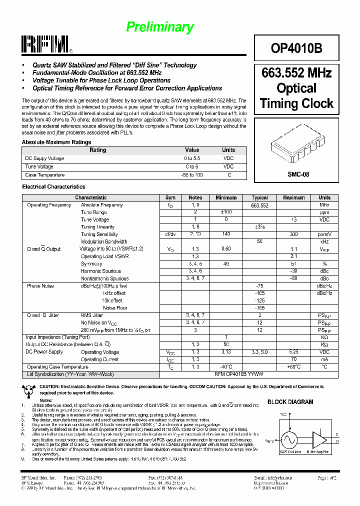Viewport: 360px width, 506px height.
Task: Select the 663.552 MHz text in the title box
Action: click(x=296, y=73)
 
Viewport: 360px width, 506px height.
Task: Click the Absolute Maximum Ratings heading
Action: click(x=56, y=142)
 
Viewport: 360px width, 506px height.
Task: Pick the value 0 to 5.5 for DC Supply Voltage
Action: click(x=191, y=158)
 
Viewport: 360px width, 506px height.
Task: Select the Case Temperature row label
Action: click(x=45, y=175)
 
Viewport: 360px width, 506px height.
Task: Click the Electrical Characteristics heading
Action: click(x=53, y=186)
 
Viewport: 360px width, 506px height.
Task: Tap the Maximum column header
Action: click(x=293, y=197)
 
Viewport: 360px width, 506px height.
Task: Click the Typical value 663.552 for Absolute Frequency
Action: click(x=259, y=205)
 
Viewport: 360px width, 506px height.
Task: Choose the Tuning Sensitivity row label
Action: click(x=99, y=234)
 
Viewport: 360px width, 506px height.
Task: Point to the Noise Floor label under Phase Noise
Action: click(x=115, y=308)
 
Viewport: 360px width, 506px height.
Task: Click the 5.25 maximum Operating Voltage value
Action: click(x=293, y=352)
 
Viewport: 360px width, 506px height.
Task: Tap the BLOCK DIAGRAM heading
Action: click(x=290, y=401)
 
